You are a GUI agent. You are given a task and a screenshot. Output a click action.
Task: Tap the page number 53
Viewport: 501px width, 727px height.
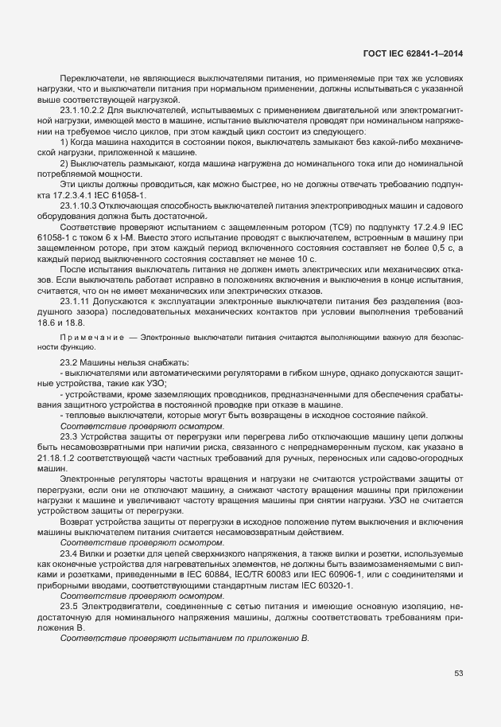point(458,674)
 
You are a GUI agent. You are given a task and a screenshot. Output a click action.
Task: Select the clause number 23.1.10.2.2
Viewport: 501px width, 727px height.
point(83,109)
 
